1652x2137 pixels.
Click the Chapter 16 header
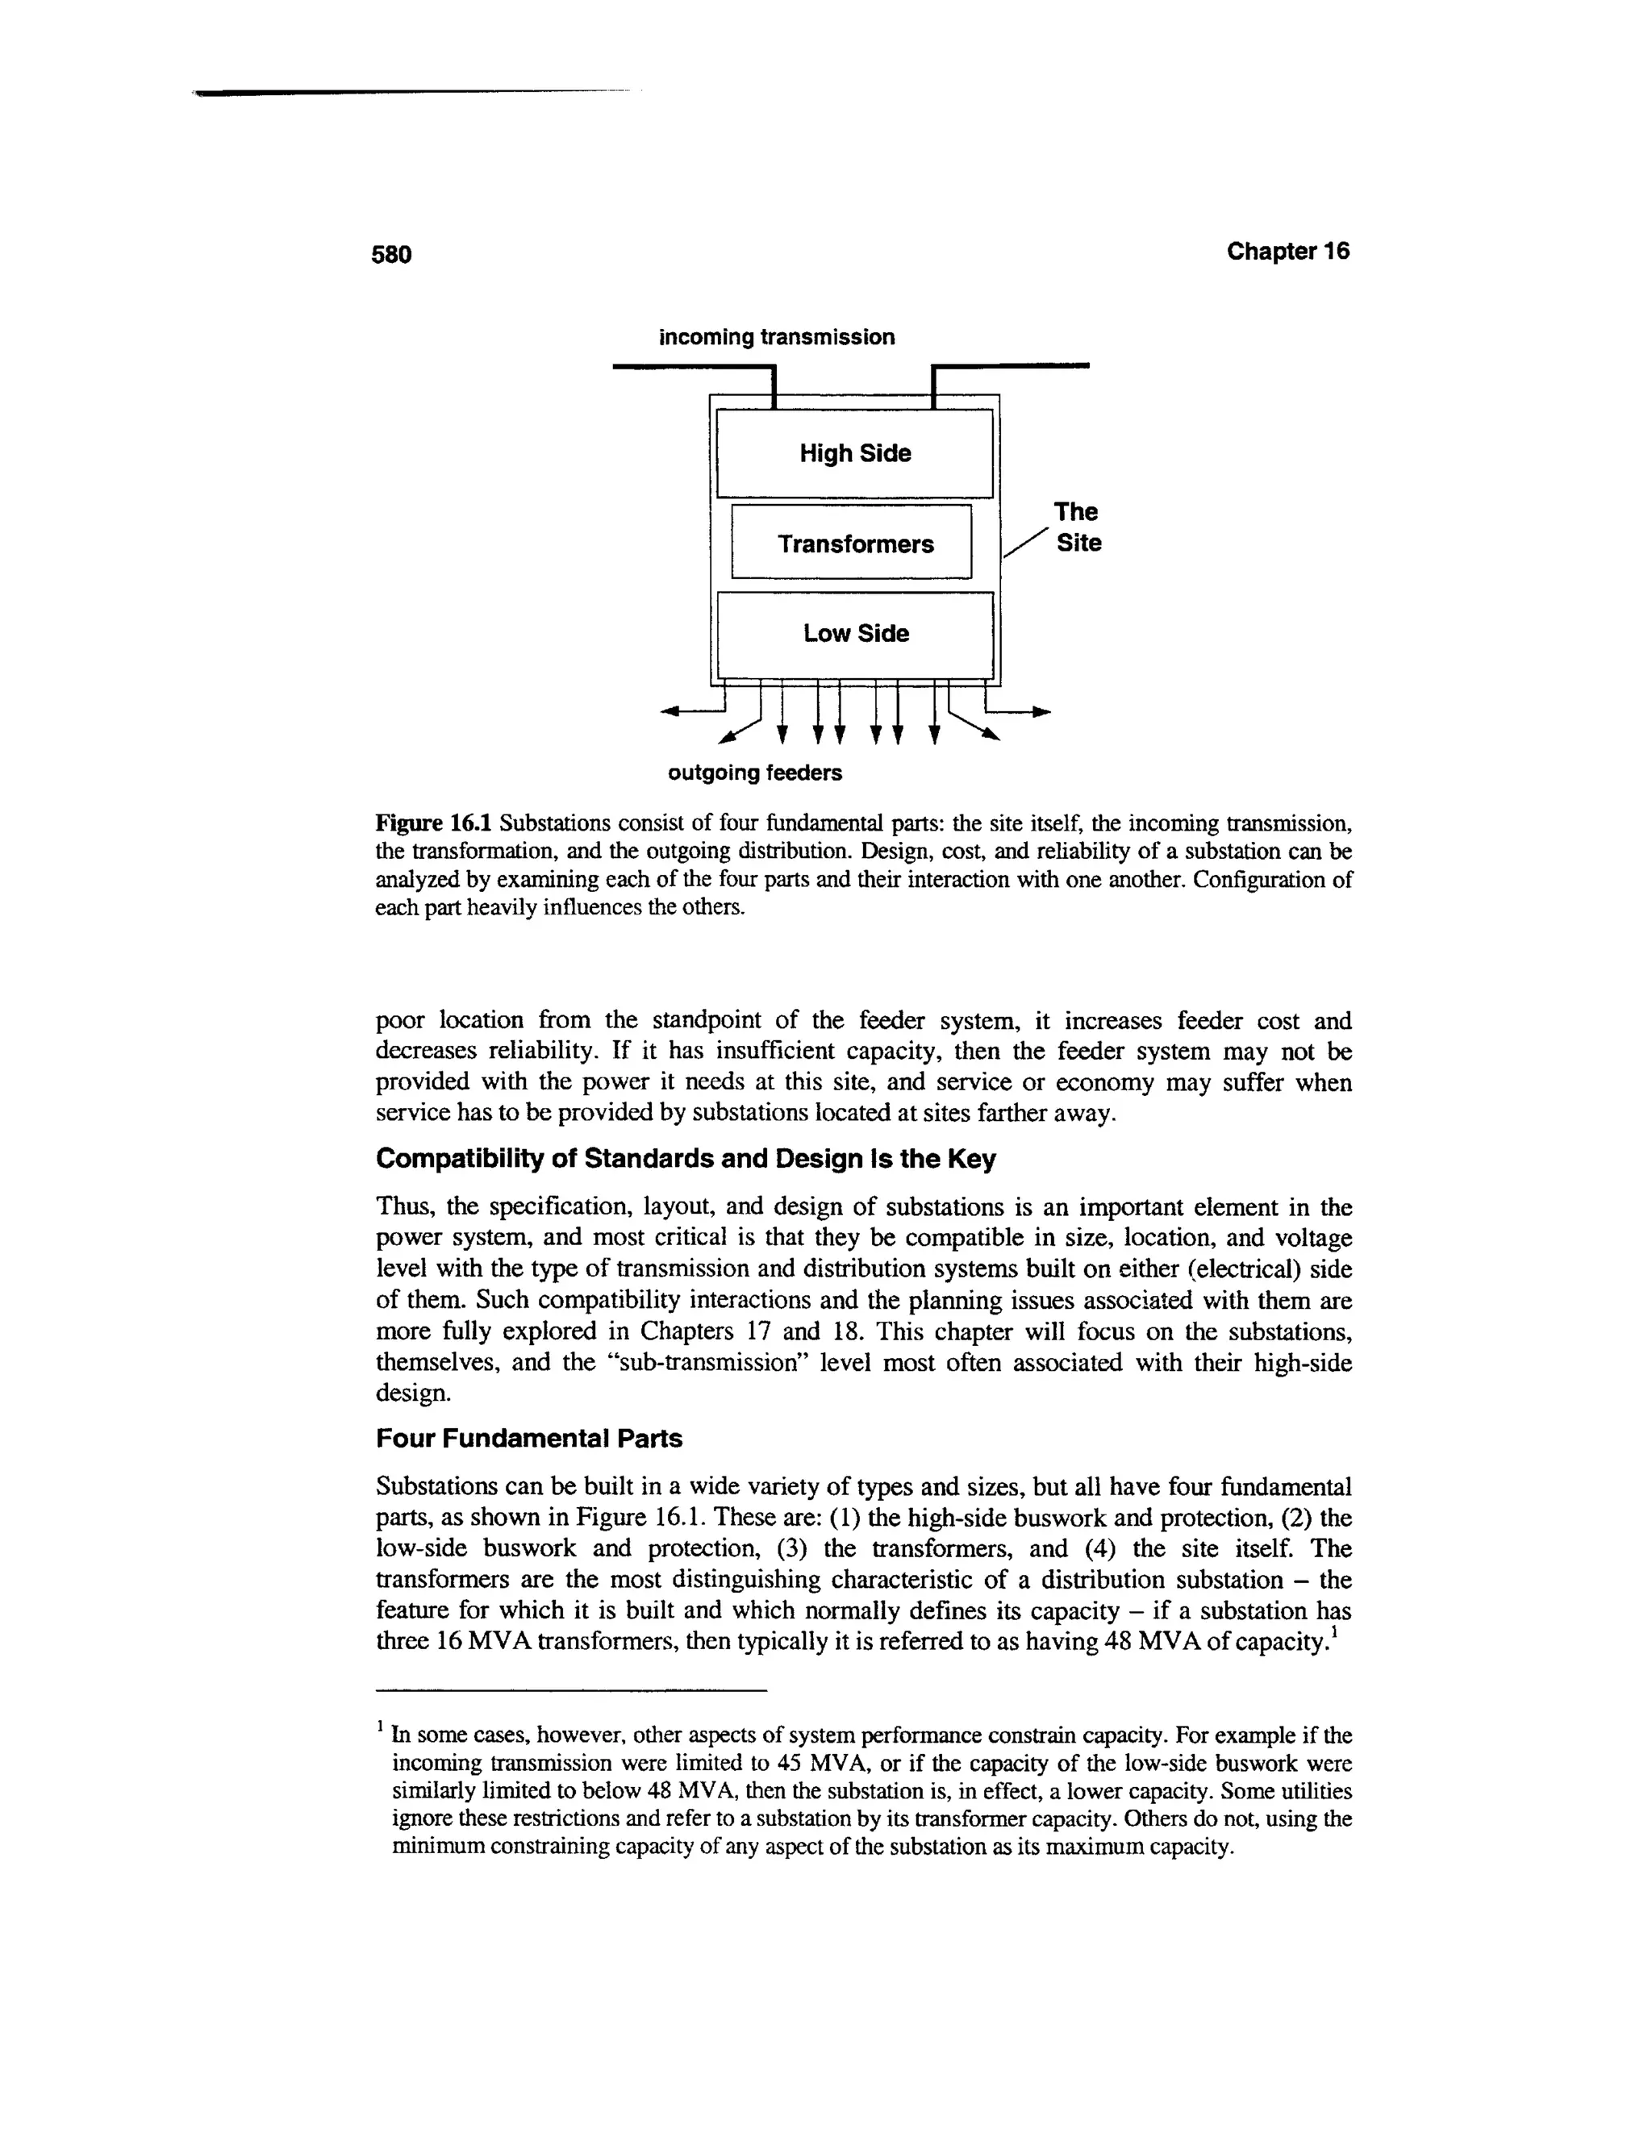(1287, 252)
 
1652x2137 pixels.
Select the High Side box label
(854, 453)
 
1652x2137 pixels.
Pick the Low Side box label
(855, 633)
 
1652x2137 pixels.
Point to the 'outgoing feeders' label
(753, 773)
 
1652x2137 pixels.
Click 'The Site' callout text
(1077, 527)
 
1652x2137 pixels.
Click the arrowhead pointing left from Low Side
(670, 711)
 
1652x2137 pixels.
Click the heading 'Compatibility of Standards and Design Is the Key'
(685, 1159)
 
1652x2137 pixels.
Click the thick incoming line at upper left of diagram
(690, 367)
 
